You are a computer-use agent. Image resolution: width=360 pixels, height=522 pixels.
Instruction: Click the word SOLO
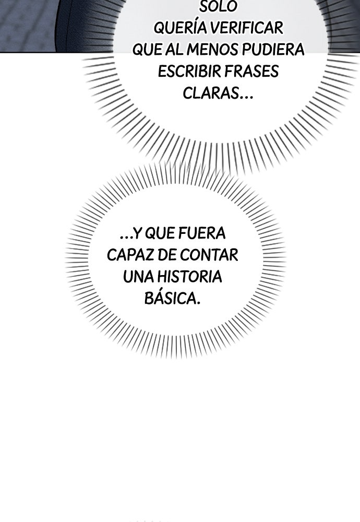point(218,7)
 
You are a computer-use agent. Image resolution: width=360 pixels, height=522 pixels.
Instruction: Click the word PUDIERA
point(273,50)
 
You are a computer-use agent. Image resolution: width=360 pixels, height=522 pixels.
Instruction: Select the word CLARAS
point(211,93)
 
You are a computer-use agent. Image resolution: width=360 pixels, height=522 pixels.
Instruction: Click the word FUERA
point(202,233)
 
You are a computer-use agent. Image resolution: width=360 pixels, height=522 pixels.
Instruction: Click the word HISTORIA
point(189,277)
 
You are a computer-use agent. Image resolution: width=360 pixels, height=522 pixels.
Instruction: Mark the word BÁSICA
point(172,298)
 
